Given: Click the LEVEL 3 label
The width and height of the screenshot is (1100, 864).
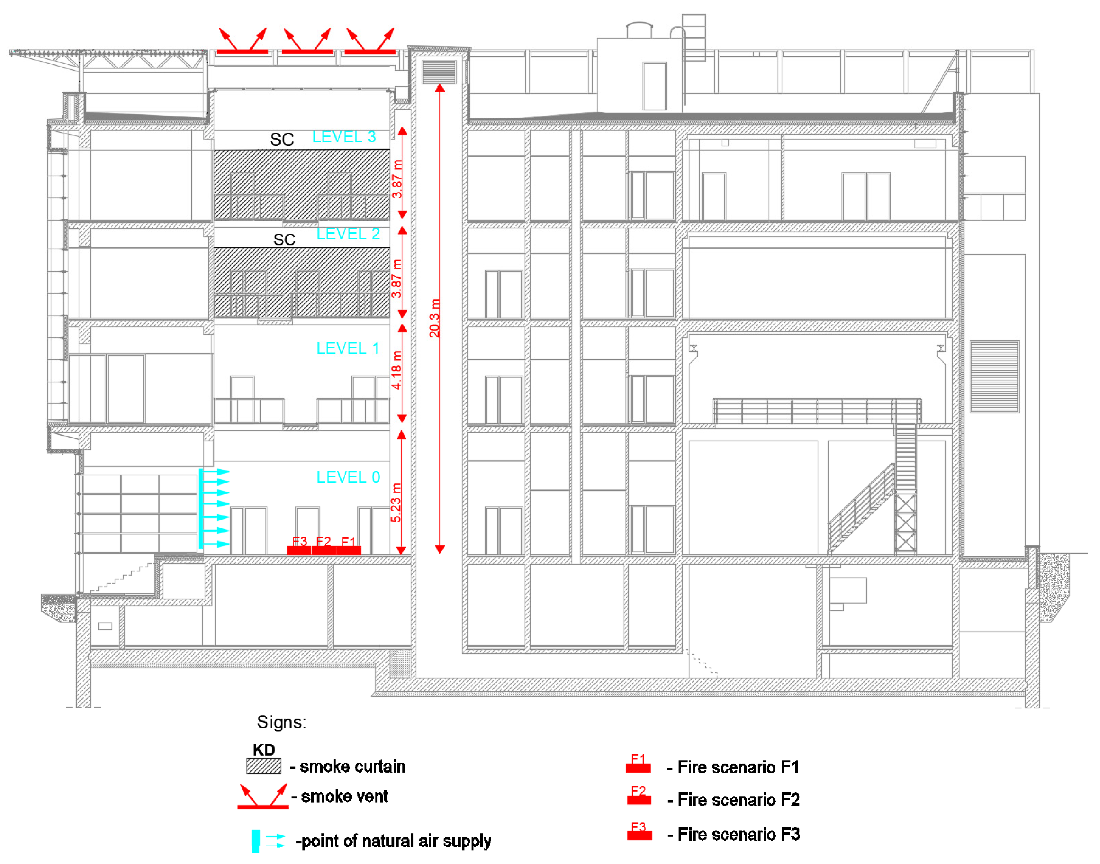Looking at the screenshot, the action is pos(344,137).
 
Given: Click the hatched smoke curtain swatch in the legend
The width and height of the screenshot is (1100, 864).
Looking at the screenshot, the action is pos(264,766).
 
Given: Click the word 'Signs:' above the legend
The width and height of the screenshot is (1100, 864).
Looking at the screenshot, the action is pos(281,722).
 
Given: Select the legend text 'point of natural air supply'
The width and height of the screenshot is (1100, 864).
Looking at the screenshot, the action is pos(394,841).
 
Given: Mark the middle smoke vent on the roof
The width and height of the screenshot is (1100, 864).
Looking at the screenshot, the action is pos(307,43).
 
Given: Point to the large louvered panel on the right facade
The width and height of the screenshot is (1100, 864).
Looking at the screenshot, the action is pos(994,377).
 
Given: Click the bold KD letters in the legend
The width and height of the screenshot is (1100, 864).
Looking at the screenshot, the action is pos(264,750).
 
